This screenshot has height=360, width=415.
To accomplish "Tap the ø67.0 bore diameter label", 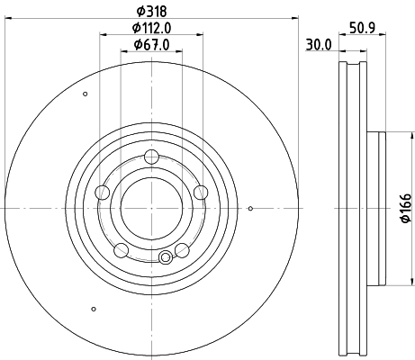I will point(150,45).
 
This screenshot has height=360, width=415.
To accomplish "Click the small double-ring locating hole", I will point(165,258).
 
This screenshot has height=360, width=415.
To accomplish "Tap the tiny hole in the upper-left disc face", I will point(86,94).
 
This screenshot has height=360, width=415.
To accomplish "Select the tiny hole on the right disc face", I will point(250,210).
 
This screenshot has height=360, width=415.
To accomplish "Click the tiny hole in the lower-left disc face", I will point(94,310).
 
